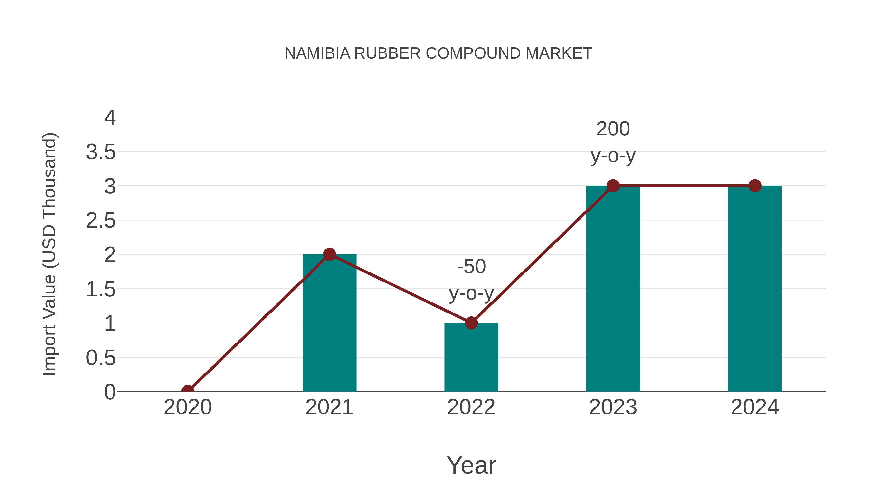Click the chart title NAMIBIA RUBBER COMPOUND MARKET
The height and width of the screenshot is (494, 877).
tap(438, 53)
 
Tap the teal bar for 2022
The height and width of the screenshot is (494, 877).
tap(471, 361)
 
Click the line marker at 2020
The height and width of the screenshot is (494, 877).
tap(188, 391)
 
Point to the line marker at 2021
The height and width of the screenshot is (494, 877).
tap(329, 254)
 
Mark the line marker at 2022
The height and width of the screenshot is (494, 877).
tap(471, 323)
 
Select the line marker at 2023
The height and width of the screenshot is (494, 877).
tap(613, 186)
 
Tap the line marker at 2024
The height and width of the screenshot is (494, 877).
tap(755, 186)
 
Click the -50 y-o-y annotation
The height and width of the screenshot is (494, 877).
tap(471, 280)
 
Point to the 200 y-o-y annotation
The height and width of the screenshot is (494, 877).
tap(613, 142)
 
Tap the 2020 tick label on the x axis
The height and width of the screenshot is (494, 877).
tap(188, 407)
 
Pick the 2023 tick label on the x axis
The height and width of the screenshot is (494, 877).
tap(613, 407)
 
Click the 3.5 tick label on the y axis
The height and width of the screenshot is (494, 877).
tap(101, 152)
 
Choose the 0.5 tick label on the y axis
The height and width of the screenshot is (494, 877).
tap(101, 358)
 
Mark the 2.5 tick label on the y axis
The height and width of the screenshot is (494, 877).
tap(101, 221)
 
